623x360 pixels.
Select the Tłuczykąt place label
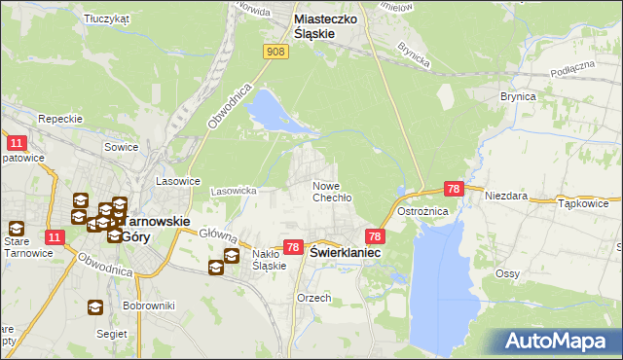point(107,18)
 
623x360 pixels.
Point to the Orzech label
point(314,298)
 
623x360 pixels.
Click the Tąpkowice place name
point(584,204)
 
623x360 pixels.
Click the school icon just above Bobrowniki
point(94,307)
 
